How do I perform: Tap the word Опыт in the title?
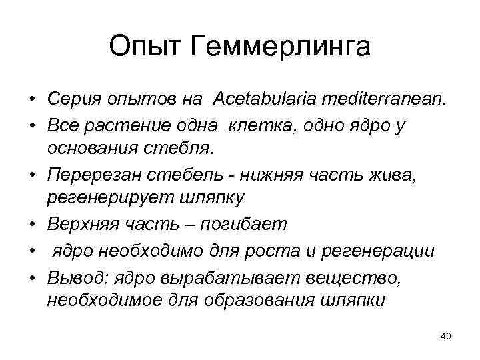pos(146,47)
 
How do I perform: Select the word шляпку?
pos(211,199)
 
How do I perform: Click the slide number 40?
pos(446,335)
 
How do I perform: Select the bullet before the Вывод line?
pos(31,276)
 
